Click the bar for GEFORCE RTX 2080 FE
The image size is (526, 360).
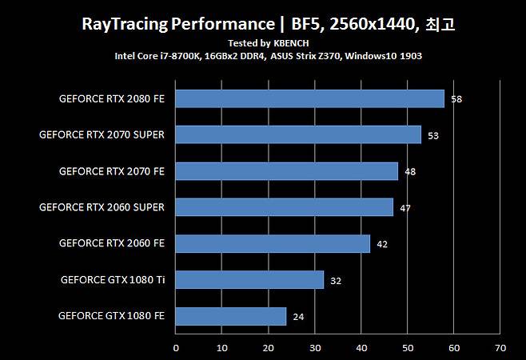pos(309,98)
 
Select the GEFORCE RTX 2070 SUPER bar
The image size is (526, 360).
pos(298,134)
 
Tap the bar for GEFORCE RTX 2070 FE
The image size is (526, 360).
pos(286,171)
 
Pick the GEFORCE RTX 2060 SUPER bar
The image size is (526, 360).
pos(284,207)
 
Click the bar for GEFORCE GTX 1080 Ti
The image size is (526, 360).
pos(249,279)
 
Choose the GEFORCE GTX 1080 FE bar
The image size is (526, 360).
pos(230,316)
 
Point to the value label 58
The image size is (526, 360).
pos(456,99)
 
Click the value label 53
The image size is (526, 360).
pos(433,135)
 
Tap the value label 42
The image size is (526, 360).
pos(382,244)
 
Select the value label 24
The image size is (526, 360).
pos(298,317)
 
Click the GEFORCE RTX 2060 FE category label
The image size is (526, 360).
pos(112,243)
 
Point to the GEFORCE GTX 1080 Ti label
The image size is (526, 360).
pos(113,279)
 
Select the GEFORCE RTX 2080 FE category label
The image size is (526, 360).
pos(112,99)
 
